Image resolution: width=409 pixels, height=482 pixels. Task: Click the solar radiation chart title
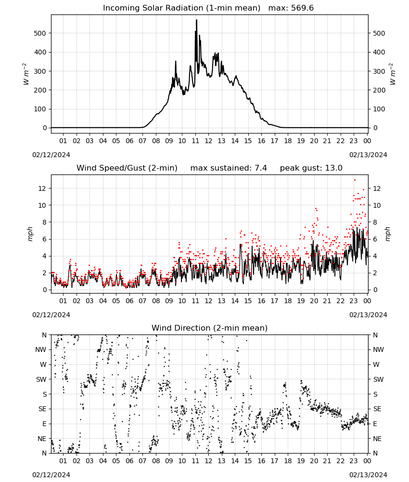point(208,8)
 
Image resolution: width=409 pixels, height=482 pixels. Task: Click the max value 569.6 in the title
point(302,8)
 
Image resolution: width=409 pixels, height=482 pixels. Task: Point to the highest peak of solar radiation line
point(196,20)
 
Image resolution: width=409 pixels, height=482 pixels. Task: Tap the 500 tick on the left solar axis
point(40,33)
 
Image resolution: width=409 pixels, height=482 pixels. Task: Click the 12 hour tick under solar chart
point(208,141)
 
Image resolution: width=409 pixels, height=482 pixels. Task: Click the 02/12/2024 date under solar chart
point(51,155)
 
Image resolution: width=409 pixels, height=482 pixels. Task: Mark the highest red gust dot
point(355,180)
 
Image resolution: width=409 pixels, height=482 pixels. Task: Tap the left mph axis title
point(30,234)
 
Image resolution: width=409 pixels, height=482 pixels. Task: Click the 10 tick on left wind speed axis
point(42,205)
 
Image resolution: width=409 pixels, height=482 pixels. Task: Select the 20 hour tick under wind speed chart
point(314,301)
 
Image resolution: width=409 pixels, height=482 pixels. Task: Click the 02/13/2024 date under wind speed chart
point(368,315)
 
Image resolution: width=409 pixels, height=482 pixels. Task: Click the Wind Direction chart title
point(210,328)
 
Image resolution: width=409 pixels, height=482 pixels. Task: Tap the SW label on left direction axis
point(41,379)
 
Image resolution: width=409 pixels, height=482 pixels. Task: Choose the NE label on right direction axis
point(377,439)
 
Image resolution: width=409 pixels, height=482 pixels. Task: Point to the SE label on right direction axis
point(377,409)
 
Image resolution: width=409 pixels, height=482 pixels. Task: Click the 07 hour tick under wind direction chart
point(142,461)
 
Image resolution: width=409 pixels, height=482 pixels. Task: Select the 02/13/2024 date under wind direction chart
point(368,475)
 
